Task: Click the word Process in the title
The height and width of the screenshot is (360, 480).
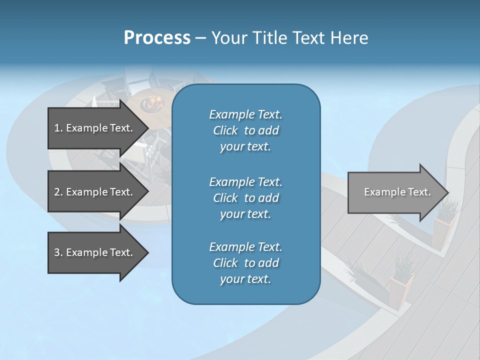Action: point(157,38)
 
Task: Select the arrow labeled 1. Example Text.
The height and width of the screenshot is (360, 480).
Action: point(95,128)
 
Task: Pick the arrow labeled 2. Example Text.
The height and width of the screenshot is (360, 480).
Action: point(95,192)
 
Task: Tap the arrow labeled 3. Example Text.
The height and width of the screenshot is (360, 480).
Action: point(95,252)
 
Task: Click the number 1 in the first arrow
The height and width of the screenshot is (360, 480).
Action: point(56,128)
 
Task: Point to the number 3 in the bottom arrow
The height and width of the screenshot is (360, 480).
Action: point(56,252)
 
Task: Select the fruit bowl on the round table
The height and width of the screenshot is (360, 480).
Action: point(153,103)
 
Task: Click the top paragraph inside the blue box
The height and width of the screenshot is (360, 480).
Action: point(245,130)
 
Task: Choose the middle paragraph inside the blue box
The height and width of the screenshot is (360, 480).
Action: point(245,198)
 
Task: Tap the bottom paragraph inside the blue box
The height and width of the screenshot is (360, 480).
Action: point(245,263)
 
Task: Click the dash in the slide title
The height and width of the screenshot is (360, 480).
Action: point(200,38)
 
